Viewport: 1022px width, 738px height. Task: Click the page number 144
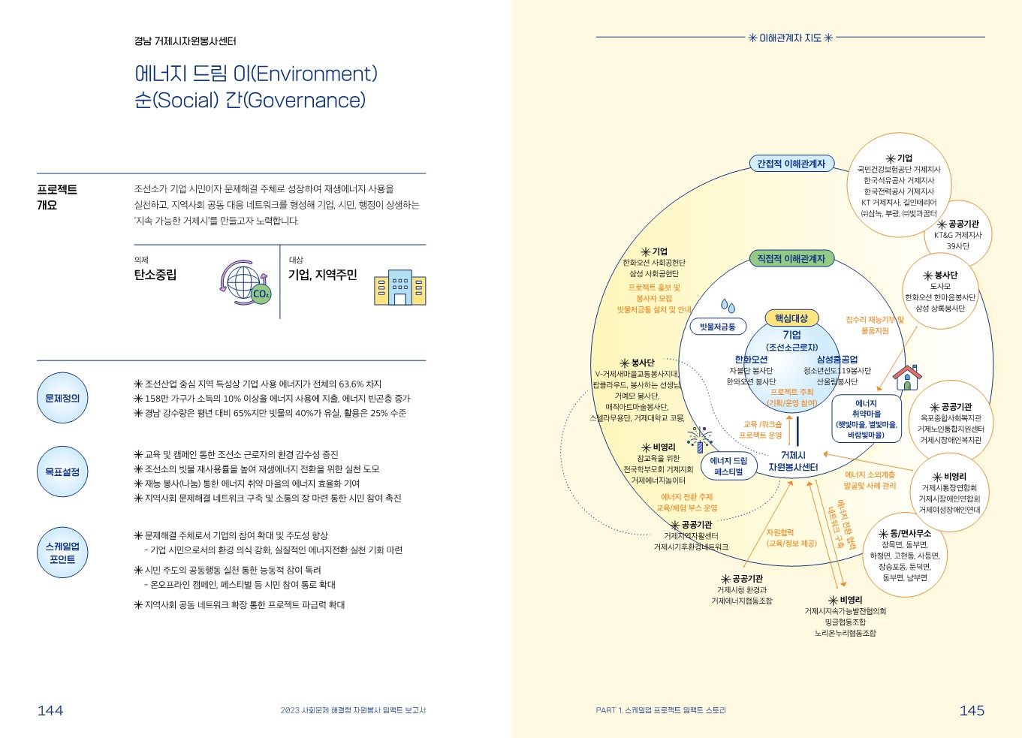[50, 710]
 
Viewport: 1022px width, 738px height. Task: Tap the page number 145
[972, 710]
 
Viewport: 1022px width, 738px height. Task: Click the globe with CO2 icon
[246, 283]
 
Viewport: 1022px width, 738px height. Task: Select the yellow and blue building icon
[399, 287]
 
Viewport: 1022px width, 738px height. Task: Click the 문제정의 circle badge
[62, 398]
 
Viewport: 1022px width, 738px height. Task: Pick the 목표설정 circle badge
[62, 471]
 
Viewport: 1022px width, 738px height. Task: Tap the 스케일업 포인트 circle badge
[62, 553]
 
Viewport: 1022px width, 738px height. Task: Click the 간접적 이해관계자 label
[791, 164]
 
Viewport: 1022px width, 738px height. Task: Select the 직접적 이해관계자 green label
[791, 259]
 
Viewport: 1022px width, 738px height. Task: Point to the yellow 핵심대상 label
[791, 318]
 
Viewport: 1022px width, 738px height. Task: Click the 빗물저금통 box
[717, 327]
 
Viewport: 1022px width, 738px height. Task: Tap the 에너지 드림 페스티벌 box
[728, 466]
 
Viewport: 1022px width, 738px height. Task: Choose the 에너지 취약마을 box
[866, 419]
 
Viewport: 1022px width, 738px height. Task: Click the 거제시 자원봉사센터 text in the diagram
[793, 461]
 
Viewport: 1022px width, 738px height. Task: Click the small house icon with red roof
[907, 376]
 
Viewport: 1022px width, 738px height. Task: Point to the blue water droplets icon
[728, 306]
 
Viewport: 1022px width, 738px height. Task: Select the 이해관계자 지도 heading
[791, 38]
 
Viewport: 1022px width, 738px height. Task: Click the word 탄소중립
[155, 275]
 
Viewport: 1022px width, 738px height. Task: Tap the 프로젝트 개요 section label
[57, 197]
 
